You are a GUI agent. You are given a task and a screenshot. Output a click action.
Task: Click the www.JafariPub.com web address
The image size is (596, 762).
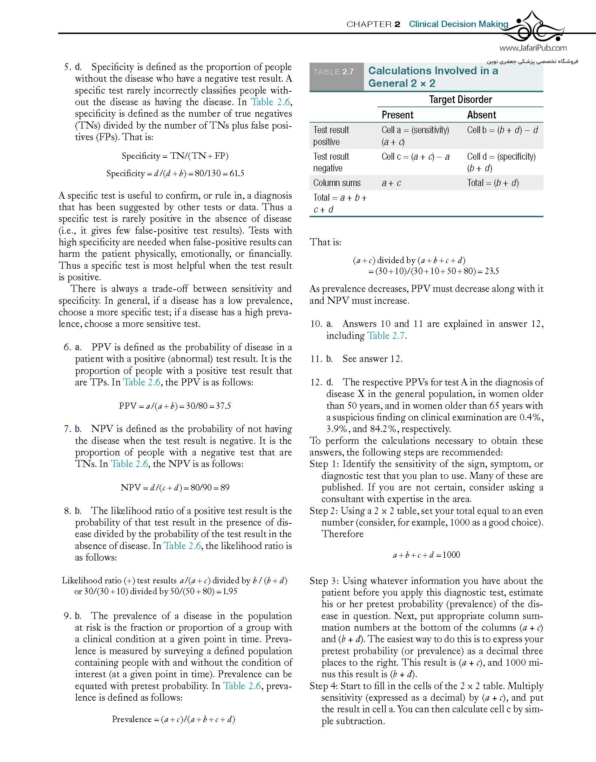point(533,48)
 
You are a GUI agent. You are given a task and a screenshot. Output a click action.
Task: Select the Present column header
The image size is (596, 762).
point(397,115)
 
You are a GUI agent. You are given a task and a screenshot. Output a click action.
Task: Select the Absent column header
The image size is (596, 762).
point(481,115)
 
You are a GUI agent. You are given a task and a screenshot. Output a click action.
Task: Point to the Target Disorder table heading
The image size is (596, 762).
point(460,99)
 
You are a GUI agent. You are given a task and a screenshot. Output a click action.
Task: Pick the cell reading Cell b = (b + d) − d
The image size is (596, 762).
point(502,130)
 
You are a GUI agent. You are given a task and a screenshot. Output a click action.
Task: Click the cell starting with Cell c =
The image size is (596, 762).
point(415,157)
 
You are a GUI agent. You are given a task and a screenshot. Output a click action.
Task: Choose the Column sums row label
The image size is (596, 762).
point(337,183)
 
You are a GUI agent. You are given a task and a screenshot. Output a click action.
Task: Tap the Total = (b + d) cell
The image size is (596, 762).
point(493,183)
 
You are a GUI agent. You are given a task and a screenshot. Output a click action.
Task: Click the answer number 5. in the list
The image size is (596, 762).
point(68,67)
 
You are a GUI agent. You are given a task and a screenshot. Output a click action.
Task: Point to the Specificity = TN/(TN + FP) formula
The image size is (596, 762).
point(175,156)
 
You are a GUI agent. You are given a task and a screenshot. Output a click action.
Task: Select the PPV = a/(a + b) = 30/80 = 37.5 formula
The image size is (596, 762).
point(175,406)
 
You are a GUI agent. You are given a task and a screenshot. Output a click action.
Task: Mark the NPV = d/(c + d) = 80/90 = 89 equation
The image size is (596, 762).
point(175,487)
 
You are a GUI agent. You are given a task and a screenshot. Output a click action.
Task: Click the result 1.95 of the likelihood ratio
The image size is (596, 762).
point(230,591)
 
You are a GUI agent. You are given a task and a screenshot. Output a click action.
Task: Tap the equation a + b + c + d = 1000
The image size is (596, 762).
point(426,555)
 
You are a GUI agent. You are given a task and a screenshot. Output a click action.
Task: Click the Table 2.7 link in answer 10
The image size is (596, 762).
point(386,336)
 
